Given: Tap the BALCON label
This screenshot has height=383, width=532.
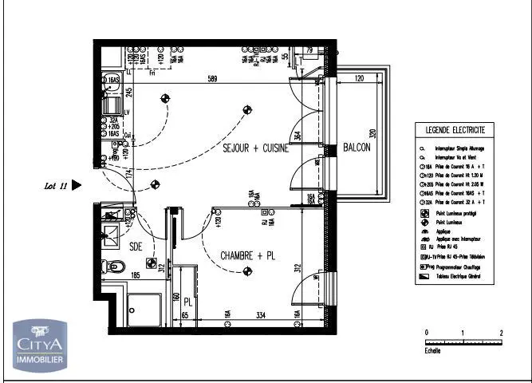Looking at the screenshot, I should click(x=357, y=148).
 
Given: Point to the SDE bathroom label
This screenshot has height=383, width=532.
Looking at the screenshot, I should click(x=136, y=247).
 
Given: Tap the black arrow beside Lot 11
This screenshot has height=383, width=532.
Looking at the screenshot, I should click(x=77, y=185).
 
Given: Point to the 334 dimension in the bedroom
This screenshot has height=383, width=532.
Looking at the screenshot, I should click(x=238, y=317).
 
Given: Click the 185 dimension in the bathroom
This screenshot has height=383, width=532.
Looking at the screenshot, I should click(x=136, y=275).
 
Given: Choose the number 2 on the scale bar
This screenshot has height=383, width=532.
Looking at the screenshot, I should click(x=501, y=331).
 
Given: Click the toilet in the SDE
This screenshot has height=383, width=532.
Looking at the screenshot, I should click(x=116, y=272).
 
